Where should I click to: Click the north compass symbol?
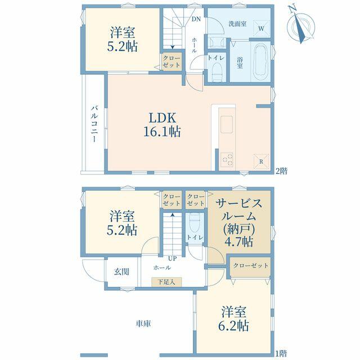301,25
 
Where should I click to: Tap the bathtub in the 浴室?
261,61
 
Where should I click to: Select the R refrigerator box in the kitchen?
261,161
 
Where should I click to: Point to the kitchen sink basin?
227,125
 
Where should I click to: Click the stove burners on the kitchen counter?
227,160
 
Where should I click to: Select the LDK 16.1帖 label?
163,125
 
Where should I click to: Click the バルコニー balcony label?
94,124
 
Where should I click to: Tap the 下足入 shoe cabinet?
166,282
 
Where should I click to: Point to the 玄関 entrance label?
121,272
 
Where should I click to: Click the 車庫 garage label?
143,324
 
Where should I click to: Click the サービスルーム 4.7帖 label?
239,223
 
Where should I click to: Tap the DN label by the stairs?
196,19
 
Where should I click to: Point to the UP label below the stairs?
173,259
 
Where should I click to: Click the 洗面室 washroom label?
238,24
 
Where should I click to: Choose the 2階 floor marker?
281,171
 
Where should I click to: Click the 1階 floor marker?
281,353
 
